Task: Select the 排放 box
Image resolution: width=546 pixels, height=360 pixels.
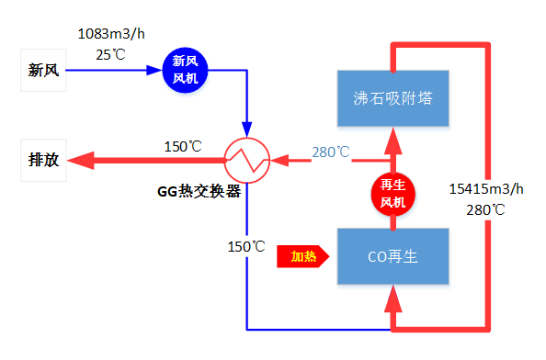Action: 44,160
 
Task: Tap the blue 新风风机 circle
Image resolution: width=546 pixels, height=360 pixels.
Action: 185,70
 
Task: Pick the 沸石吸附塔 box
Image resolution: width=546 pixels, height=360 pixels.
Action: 392,97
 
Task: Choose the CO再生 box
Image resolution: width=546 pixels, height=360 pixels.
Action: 392,256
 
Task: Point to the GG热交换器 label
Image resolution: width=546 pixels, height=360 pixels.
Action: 198,192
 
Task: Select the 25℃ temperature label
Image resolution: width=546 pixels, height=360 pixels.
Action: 110,55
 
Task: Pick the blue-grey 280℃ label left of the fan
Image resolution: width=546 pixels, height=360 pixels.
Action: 330,152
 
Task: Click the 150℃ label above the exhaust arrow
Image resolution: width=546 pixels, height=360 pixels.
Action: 182,146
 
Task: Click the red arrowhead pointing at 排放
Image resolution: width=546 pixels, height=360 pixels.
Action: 83,161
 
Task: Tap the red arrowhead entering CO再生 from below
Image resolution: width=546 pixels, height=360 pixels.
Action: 392,296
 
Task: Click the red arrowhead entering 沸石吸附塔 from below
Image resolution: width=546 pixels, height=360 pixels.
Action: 392,139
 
